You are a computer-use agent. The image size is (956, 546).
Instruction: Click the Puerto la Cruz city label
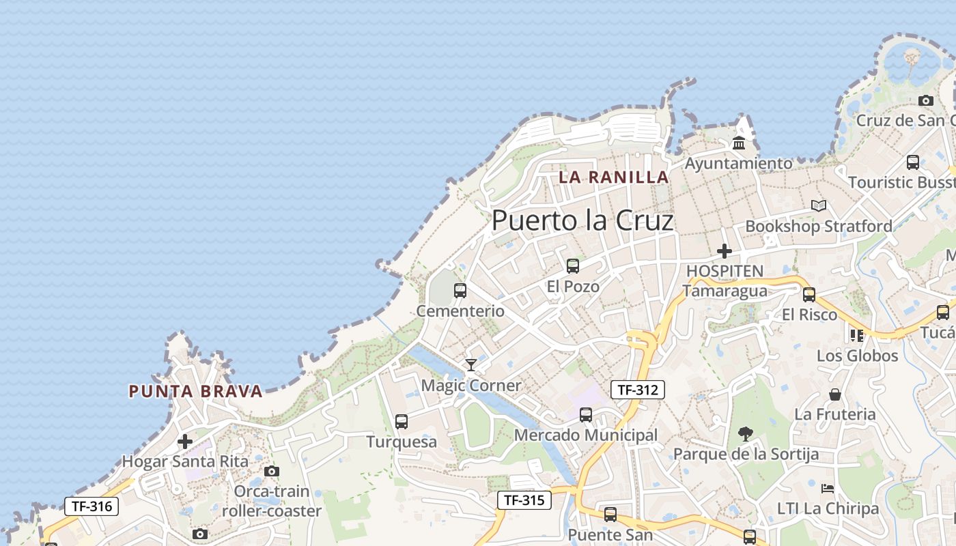tap(582, 220)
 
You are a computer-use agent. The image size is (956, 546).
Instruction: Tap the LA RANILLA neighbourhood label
tap(613, 177)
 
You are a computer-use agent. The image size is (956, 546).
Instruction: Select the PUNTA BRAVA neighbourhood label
tap(196, 392)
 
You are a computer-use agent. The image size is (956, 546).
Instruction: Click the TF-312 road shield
tap(637, 390)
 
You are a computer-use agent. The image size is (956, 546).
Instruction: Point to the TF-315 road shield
tap(524, 500)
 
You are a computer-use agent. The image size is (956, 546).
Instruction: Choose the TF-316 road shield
tap(92, 506)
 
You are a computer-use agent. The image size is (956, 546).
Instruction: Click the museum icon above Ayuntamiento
tap(739, 143)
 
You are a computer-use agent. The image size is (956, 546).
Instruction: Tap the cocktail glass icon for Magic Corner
tap(470, 365)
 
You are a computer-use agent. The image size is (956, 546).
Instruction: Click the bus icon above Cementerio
tap(460, 291)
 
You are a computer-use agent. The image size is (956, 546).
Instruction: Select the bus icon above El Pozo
tap(573, 266)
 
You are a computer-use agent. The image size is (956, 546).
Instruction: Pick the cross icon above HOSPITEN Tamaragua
tap(725, 250)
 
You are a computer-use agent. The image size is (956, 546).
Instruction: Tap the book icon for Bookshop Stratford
tap(819, 205)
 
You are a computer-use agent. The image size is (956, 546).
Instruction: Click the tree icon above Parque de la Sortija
tap(745, 433)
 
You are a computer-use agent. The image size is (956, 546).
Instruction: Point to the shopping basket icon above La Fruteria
tap(835, 394)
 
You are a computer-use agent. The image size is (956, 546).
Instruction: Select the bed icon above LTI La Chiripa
tap(828, 489)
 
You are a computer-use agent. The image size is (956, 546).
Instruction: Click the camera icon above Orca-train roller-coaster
tap(271, 471)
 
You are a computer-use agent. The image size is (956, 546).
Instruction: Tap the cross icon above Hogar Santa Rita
tap(185, 442)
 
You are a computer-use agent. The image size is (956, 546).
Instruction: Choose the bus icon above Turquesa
tap(402, 422)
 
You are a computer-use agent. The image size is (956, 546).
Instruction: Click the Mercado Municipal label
tap(586, 435)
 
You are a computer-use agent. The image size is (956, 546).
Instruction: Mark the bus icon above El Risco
tap(809, 295)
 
